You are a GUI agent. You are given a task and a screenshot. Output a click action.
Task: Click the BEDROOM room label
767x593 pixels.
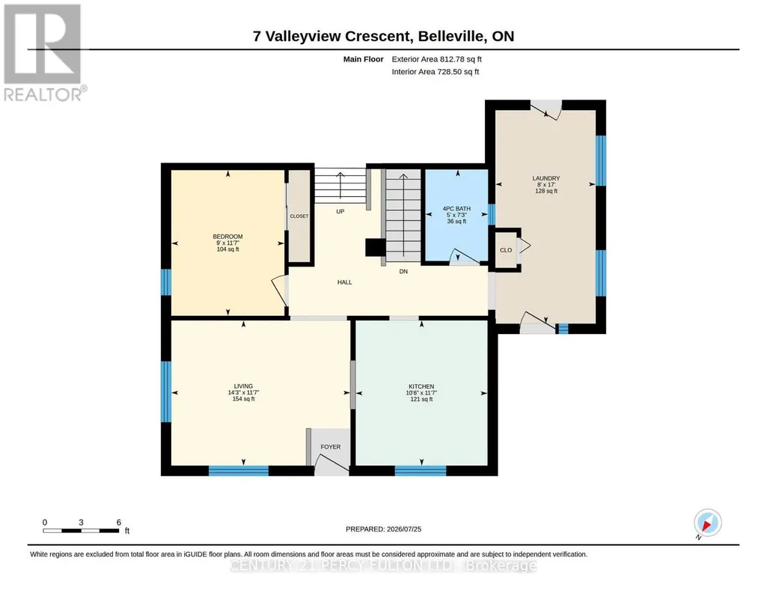(x=227, y=237)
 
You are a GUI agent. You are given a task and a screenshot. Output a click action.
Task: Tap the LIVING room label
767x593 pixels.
(x=243, y=386)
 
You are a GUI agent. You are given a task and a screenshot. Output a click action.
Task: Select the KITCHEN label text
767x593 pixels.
(x=421, y=386)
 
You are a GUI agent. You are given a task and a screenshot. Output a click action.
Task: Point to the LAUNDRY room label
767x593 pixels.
(x=546, y=179)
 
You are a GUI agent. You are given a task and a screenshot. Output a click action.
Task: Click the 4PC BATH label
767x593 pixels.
(x=456, y=209)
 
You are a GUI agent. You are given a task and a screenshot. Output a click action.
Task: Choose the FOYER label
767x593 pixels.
(x=331, y=447)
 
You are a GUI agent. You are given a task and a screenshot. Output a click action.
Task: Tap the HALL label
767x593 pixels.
(x=344, y=282)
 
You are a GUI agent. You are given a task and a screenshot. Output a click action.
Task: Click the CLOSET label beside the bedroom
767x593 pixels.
(x=299, y=216)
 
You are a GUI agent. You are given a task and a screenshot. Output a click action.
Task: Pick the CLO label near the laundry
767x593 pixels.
(x=506, y=250)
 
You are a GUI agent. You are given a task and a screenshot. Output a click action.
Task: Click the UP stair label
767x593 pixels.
(x=340, y=211)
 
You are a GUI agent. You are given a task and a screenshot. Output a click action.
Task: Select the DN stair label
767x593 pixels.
(x=403, y=272)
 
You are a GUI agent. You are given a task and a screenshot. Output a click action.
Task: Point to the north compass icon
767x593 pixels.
(x=707, y=523)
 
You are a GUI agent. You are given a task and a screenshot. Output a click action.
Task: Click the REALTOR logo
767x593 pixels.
(x=43, y=52)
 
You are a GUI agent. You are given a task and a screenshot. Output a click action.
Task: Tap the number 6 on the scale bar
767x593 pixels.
(x=118, y=523)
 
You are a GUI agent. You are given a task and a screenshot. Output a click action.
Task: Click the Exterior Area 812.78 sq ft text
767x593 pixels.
(x=436, y=59)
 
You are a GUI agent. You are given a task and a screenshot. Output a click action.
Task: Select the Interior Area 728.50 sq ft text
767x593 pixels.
(x=436, y=72)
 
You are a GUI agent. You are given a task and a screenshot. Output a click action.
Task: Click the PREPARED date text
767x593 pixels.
(x=383, y=529)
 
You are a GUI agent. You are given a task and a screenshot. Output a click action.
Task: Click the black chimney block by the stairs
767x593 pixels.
(x=375, y=247)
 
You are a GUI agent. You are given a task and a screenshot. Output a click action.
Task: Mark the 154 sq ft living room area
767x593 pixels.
(x=243, y=399)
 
